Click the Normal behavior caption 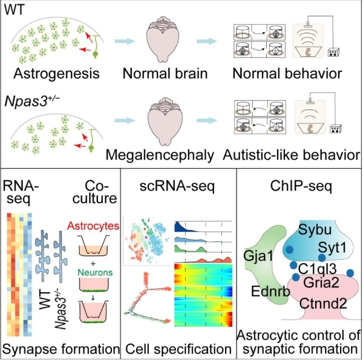coord(289,74)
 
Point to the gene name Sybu coord(313,232)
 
